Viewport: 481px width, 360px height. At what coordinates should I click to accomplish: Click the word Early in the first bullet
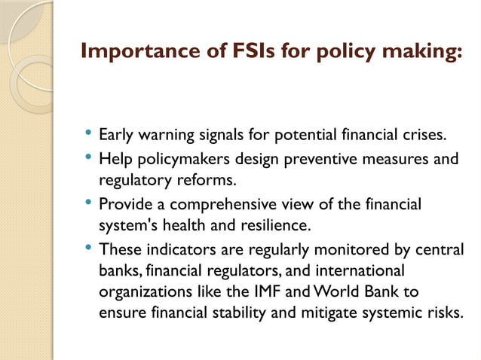pos(115,137)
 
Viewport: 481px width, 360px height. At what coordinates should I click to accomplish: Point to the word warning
pos(164,137)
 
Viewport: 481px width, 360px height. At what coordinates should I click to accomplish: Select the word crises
pos(423,136)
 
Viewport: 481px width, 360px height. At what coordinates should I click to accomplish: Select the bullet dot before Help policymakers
pos(88,159)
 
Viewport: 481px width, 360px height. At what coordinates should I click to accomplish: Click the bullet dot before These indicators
pos(88,248)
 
